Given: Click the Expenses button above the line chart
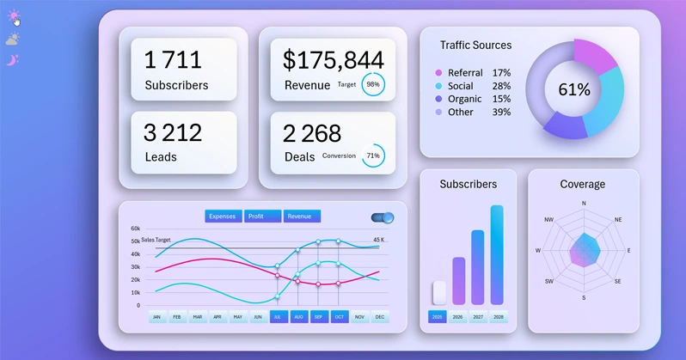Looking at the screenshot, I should click(223, 217).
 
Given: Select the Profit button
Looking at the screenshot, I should click(262, 217).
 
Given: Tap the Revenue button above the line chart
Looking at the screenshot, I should click(302, 217).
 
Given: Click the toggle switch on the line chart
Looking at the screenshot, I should click(383, 218).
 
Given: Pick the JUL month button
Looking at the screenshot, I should click(279, 317).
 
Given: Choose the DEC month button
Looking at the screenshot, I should click(380, 317).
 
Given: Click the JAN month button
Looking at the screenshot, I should click(157, 317).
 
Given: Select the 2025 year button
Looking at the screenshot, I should click(438, 317).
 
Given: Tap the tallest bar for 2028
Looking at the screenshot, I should click(497, 254).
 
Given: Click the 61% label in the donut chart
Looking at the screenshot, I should click(574, 89).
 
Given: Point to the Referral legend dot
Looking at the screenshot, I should click(438, 73).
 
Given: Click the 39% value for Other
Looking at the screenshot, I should click(501, 112).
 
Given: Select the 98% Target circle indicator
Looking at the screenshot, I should click(373, 85).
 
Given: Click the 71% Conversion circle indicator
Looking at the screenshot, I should click(373, 156).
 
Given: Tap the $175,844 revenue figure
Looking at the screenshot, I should click(334, 59).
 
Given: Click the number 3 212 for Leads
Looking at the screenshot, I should click(173, 132).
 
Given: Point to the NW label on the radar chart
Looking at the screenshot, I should click(548, 220).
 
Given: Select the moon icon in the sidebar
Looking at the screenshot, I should click(12, 59).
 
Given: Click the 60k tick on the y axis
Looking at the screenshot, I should click(135, 229).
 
